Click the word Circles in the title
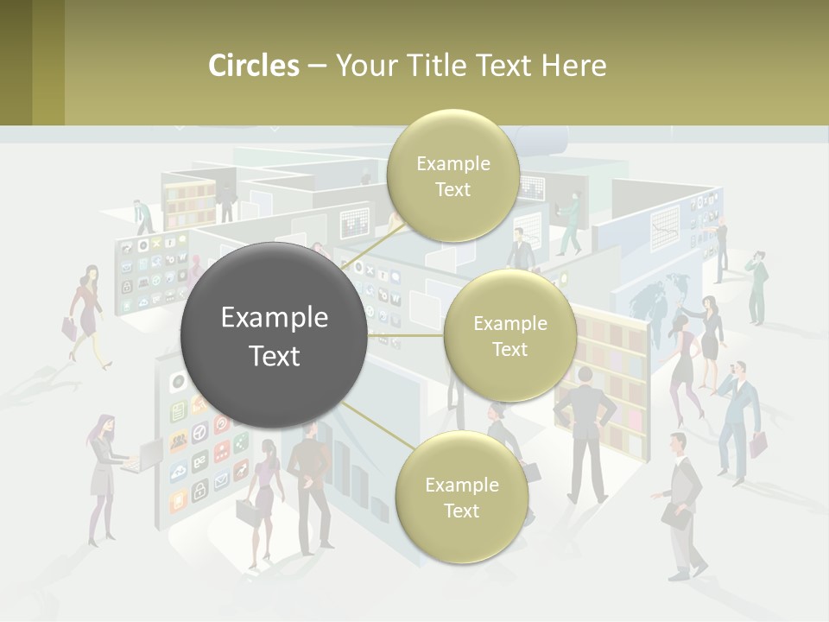pos(253,66)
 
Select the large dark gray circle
pos(274,336)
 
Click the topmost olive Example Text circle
pos(452,175)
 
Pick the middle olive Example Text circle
pos(509,335)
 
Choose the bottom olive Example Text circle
pos(461,497)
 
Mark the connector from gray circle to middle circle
pos(406,335)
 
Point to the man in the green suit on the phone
pos(757,285)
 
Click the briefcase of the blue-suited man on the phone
pos(758,445)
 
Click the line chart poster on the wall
pos(665,229)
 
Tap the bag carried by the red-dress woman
pos(69,327)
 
